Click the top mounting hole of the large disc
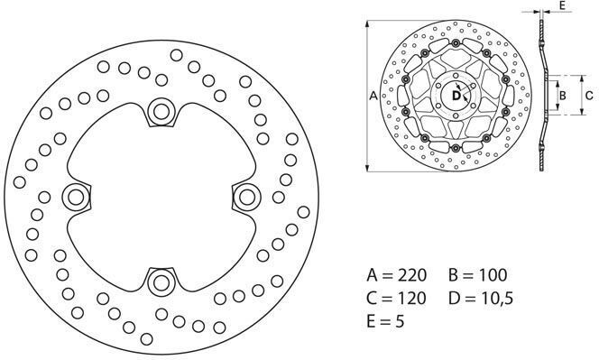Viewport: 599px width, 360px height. tap(161, 112)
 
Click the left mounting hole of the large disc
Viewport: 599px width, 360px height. tap(76, 198)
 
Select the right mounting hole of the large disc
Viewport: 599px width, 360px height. tap(247, 198)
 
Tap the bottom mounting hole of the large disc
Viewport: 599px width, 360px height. tap(161, 282)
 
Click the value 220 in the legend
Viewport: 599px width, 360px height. tap(411, 275)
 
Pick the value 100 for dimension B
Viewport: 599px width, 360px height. tap(493, 275)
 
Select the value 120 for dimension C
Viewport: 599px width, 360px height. tap(411, 298)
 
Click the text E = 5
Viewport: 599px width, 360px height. tap(385, 321)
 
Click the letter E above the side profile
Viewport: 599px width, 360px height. tap(561, 5)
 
